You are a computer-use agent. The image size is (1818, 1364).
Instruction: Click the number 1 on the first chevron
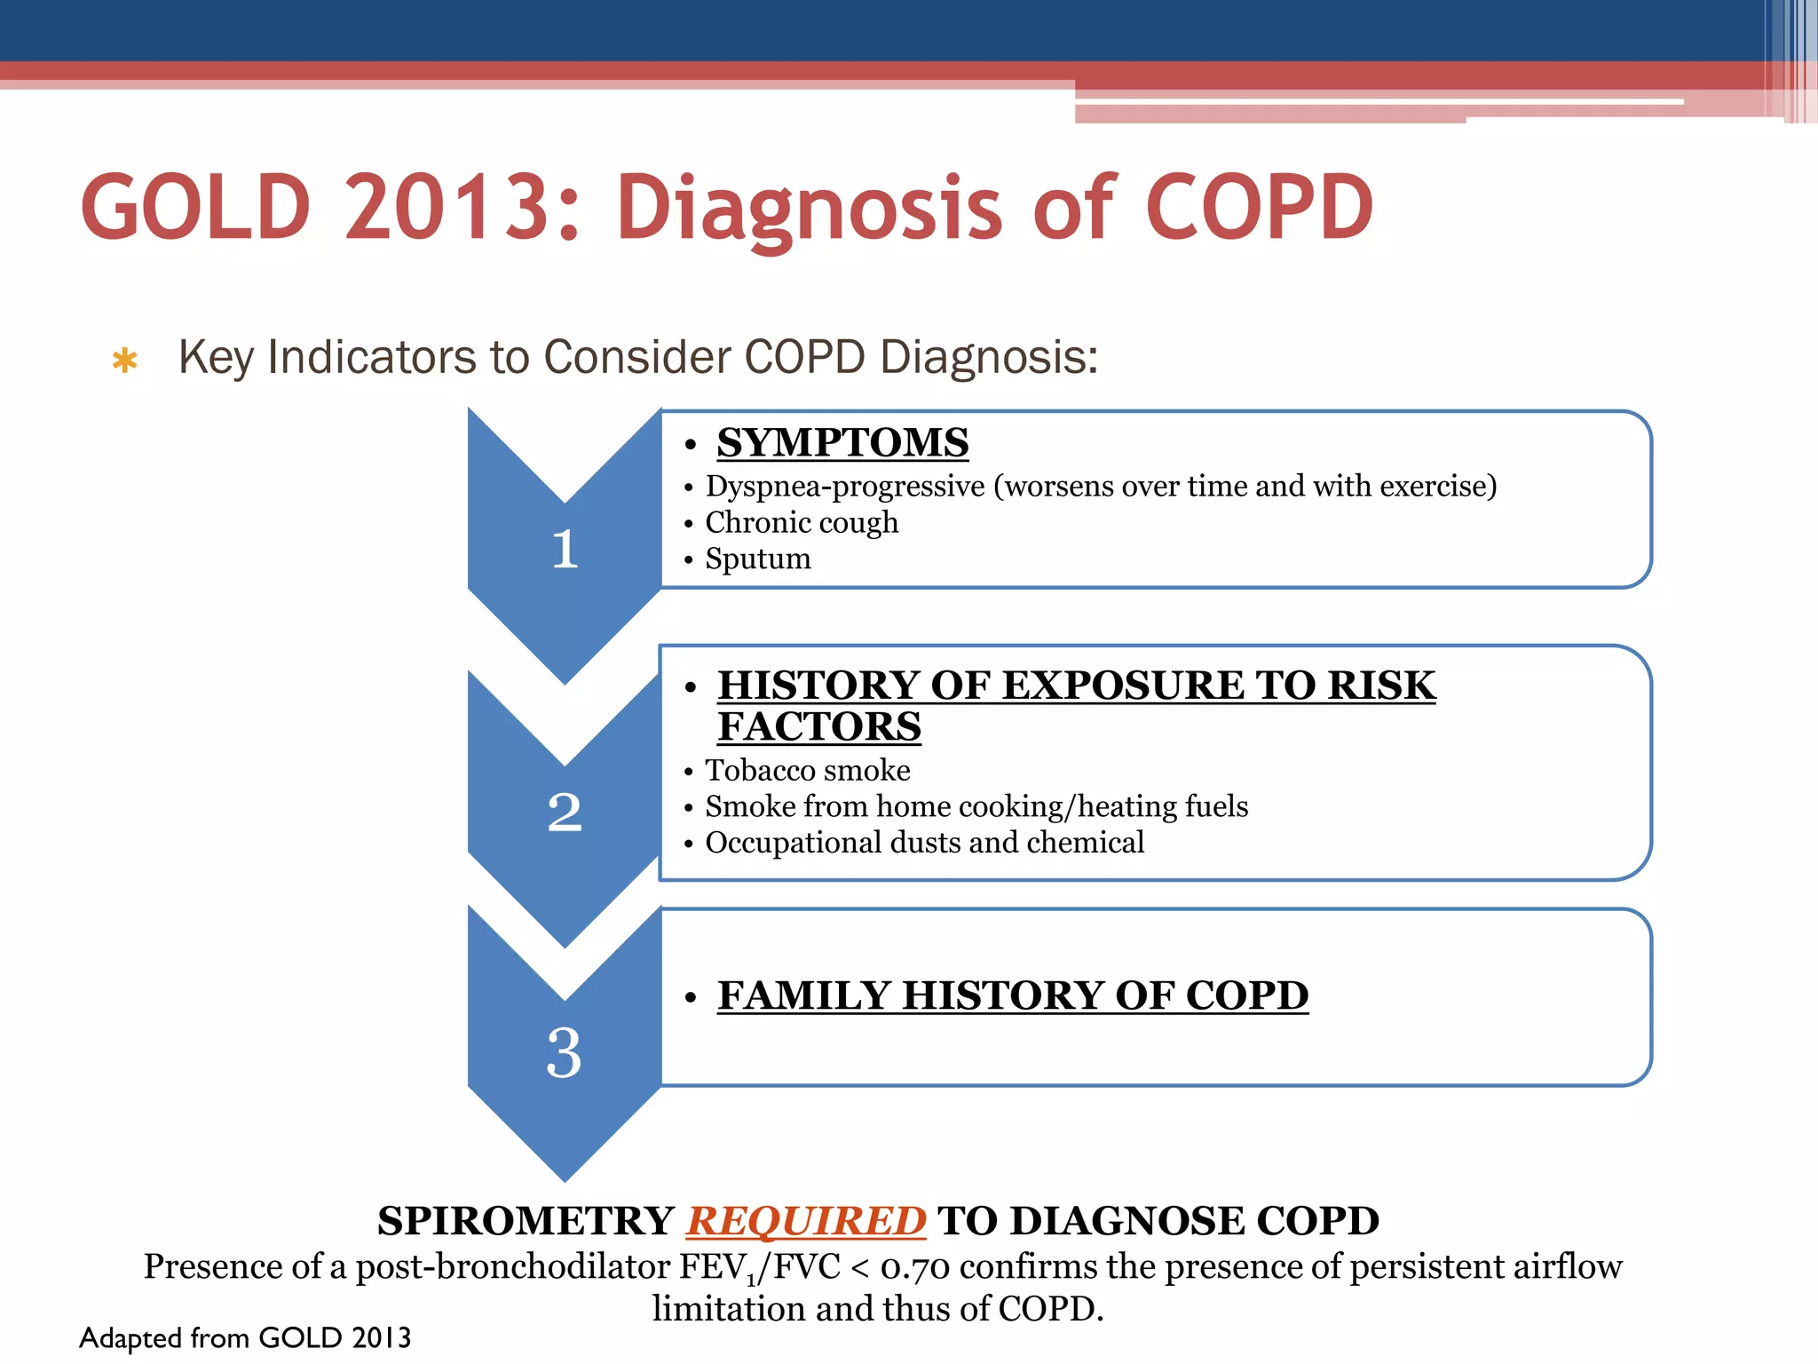point(565,549)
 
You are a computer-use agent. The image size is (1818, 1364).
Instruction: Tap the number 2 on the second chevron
point(565,812)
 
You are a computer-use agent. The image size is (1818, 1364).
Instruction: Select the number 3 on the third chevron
point(565,1052)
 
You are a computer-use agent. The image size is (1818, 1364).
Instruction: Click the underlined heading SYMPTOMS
point(842,442)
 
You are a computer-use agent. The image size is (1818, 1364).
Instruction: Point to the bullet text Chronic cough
point(802,522)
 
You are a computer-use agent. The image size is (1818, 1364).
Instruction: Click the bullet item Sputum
point(758,559)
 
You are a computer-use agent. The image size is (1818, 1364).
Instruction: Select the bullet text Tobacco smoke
point(808,770)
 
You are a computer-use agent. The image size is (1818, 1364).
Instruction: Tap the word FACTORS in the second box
point(819,726)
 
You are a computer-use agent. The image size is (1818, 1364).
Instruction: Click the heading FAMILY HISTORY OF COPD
point(1013,995)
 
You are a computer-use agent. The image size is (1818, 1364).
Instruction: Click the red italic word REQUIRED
point(806,1221)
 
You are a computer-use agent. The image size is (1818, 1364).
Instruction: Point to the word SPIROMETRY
point(526,1221)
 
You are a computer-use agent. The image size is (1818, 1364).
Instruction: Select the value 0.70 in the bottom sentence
point(914,1267)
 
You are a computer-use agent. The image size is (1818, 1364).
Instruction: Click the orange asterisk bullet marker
point(124,361)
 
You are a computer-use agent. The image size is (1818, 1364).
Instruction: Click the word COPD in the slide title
point(1260,208)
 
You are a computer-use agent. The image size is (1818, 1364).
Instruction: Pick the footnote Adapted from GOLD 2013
point(245,1337)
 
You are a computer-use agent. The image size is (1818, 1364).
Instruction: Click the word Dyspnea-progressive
point(845,486)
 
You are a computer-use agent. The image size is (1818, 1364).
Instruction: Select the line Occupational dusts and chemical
point(924,842)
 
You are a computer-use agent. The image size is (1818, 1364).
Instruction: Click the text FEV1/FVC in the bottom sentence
point(759,1267)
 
